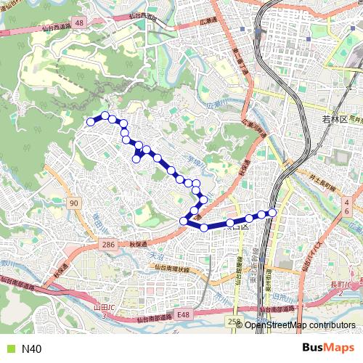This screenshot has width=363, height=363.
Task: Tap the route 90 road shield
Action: click(73, 204)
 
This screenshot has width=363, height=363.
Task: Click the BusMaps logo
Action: click(327, 348)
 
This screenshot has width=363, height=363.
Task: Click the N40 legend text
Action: click(32, 349)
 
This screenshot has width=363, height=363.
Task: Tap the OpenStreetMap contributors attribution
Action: click(299, 325)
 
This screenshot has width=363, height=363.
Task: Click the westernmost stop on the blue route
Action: click(91, 122)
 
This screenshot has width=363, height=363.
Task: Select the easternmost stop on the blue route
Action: click(273, 212)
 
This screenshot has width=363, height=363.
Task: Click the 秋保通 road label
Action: click(138, 245)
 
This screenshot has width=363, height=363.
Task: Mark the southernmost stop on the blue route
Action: click(204, 227)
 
